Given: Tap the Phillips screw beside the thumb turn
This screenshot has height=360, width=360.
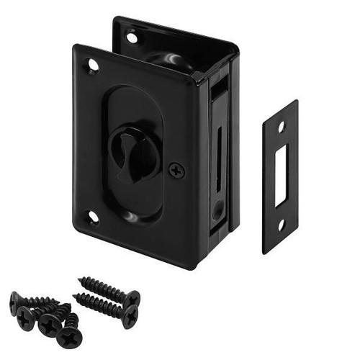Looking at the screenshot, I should (176, 171).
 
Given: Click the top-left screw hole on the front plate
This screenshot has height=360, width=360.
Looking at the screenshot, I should (93, 66).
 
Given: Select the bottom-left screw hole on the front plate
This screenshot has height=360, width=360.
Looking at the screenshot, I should (93, 217).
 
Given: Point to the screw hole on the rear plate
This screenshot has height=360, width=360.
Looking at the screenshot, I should (132, 36).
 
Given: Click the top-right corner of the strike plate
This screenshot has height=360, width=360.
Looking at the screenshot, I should (296, 102).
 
